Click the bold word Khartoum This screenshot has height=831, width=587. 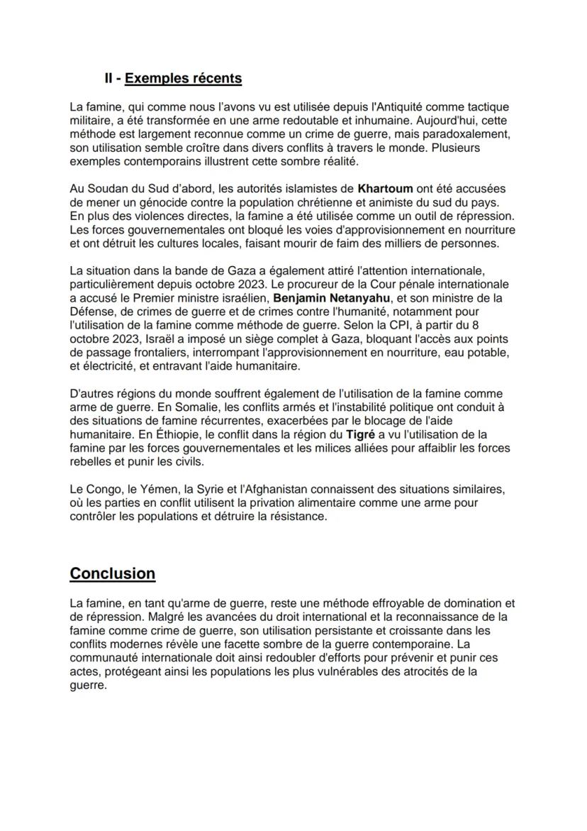386,189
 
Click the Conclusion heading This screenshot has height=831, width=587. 112,573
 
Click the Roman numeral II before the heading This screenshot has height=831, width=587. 110,78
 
